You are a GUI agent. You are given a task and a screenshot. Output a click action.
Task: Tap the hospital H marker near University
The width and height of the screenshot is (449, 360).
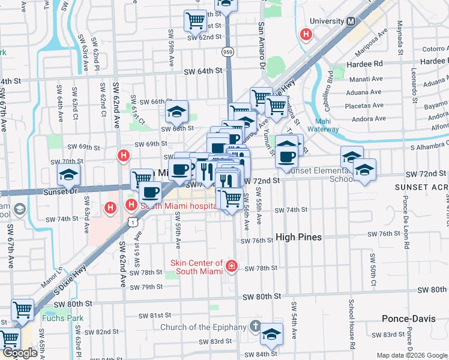coord(306,34)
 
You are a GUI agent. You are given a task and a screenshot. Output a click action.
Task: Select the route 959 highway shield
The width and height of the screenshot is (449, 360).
coord(228,52)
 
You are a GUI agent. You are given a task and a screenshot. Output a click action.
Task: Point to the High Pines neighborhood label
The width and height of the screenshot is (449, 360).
coord(298,237)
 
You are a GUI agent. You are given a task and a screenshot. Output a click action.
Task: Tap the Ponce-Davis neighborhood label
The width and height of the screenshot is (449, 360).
coord(409,318)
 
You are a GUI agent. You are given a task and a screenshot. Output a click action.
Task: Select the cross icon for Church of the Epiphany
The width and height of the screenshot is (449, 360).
coord(255,327)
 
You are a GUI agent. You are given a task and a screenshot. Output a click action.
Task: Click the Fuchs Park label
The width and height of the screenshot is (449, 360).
coord(59,317)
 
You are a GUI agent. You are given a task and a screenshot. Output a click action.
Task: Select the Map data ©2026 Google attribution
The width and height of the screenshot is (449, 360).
coord(412,355)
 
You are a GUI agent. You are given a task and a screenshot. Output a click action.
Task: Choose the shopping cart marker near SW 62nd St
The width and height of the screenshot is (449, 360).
coord(195,20)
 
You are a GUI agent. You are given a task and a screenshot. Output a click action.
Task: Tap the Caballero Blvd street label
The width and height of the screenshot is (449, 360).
coord(330,85)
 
